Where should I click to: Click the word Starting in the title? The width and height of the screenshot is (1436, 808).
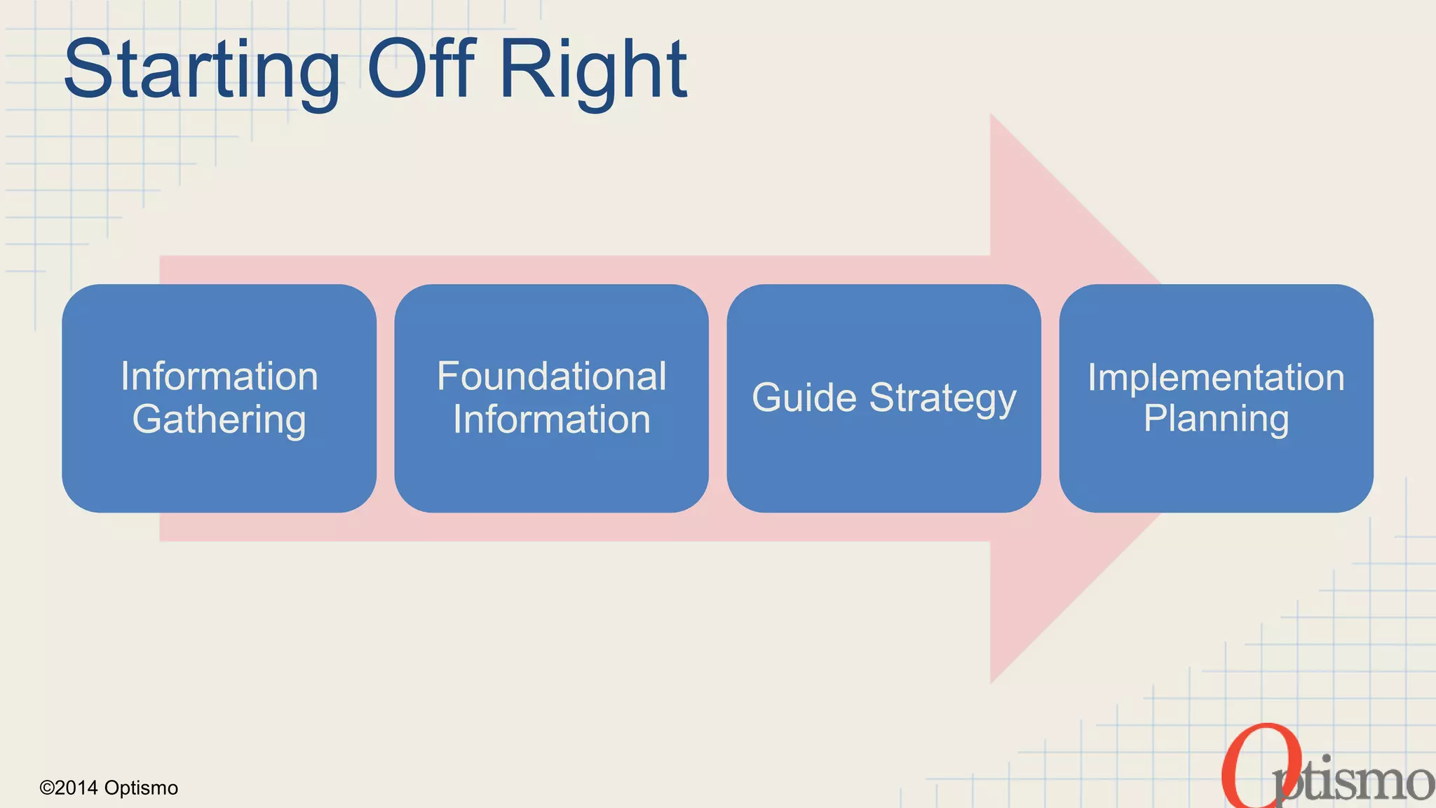click(x=201, y=70)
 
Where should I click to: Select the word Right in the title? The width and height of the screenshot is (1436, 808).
click(x=593, y=70)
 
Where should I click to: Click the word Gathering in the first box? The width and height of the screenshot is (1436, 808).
click(x=219, y=419)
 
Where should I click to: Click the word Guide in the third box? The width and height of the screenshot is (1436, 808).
click(x=804, y=398)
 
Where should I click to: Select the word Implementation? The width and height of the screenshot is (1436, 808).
click(x=1216, y=377)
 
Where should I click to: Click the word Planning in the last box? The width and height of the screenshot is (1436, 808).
click(x=1216, y=419)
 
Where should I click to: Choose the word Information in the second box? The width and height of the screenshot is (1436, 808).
click(x=551, y=419)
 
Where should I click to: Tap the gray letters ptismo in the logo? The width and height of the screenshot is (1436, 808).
click(x=1353, y=781)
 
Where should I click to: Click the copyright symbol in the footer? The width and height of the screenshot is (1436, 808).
click(x=46, y=788)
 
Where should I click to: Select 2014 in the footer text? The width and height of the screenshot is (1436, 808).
click(x=76, y=788)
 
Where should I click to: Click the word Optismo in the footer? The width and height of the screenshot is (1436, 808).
click(x=141, y=788)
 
